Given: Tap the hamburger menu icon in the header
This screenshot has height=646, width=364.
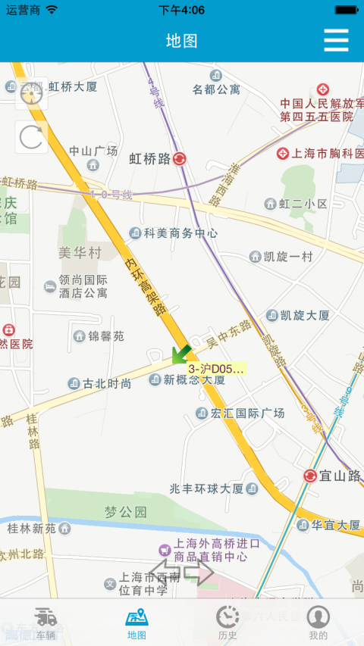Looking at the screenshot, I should click(x=336, y=40).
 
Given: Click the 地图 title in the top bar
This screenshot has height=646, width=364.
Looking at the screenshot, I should click(x=182, y=41).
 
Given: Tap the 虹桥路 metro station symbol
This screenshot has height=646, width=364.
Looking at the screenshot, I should click(x=180, y=159).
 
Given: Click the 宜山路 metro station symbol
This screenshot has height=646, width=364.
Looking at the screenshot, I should click(x=310, y=476).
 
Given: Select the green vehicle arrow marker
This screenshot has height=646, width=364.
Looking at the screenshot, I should click(x=180, y=353).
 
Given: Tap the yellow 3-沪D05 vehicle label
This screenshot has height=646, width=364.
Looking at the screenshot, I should click(x=217, y=369).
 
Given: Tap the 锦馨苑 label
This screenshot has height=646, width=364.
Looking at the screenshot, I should click(x=106, y=335).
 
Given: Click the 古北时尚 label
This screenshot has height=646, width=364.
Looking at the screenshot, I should click(x=107, y=383).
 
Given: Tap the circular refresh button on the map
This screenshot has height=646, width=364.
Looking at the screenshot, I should click(x=32, y=137).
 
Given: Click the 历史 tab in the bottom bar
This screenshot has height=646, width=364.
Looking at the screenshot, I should click(x=227, y=623).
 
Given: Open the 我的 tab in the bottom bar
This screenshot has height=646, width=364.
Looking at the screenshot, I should click(x=318, y=623).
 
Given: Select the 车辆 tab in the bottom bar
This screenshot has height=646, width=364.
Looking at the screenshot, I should click(x=45, y=623).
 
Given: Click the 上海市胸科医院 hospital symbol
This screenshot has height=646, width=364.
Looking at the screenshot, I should click(x=283, y=154).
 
